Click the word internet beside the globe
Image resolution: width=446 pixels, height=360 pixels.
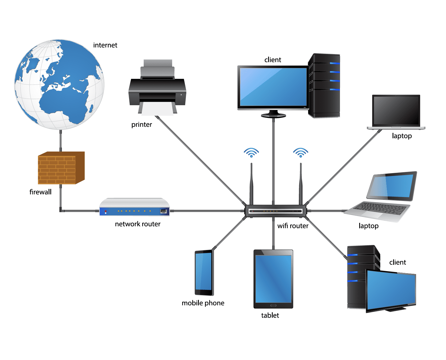click(x=105, y=45)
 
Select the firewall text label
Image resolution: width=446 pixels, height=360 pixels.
click(x=41, y=192)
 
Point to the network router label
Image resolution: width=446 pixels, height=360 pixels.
click(x=138, y=224)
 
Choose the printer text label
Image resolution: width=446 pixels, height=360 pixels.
click(x=141, y=125)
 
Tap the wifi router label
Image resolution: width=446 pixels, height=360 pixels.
click(x=293, y=226)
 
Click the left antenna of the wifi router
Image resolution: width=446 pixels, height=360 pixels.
click(x=251, y=184)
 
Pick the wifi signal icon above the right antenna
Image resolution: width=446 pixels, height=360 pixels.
click(x=301, y=152)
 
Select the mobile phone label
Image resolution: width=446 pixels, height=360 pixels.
click(x=203, y=303)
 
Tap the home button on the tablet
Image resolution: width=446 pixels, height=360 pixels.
click(x=273, y=305)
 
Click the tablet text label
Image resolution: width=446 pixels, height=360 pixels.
click(x=270, y=315)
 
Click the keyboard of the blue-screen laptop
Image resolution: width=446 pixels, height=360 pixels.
click(x=379, y=208)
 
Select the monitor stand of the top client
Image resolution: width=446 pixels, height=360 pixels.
click(x=273, y=114)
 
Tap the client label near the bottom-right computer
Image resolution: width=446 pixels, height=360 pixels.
click(x=397, y=262)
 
